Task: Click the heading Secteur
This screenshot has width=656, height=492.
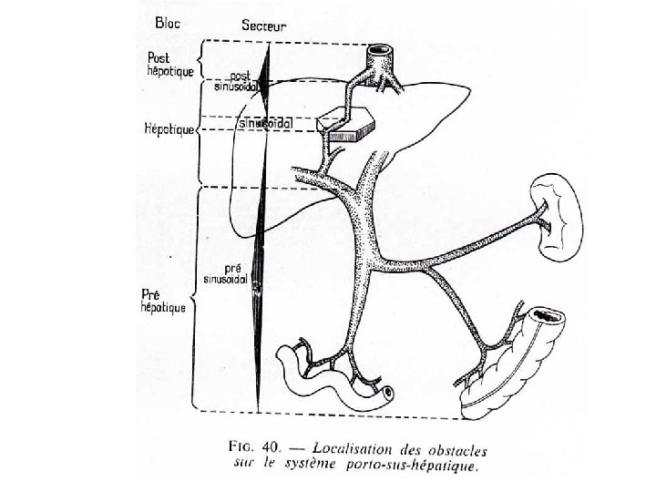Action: pyautogui.click(x=263, y=26)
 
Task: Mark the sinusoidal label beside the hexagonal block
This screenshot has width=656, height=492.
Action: pyautogui.click(x=266, y=122)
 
